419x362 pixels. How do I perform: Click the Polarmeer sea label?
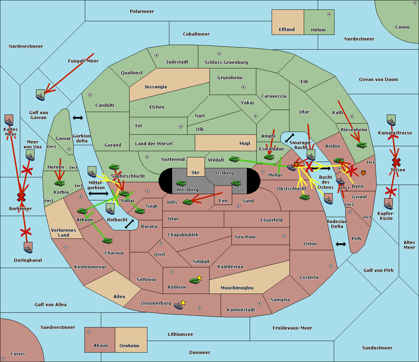click(142, 12)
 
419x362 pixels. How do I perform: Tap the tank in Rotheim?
click(194, 281)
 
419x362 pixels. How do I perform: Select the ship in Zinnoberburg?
click(178, 306)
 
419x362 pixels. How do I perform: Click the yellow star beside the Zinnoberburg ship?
click(183, 303)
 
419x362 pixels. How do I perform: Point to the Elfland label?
click(287, 30)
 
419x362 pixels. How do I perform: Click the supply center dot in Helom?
click(329, 14)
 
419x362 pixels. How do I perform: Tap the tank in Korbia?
click(60, 183)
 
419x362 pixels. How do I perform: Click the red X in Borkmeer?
click(21, 197)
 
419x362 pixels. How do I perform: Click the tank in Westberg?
click(181, 183)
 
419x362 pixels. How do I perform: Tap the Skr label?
click(196, 172)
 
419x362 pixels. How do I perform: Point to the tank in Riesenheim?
click(362, 145)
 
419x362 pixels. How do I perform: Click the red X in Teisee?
click(396, 162)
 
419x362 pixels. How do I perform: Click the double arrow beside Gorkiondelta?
click(78, 118)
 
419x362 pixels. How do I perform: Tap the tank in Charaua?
click(107, 241)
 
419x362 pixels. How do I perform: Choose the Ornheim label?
click(129, 346)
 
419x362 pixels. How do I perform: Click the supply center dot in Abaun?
click(89, 332)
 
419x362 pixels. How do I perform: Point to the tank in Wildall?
click(234, 159)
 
